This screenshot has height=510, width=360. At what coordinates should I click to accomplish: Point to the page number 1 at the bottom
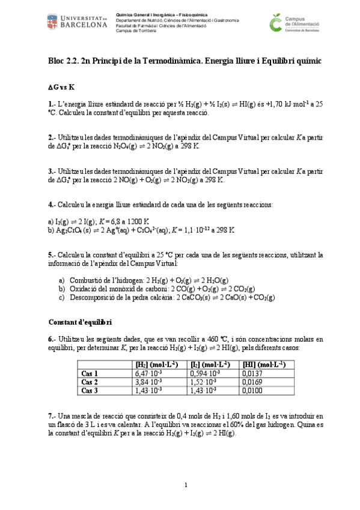tap(186, 485)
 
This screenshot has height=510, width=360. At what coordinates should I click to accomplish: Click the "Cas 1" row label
tap(90, 373)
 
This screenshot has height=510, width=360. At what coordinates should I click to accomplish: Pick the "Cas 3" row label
tap(90, 390)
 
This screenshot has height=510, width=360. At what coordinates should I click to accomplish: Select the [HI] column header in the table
tap(262, 364)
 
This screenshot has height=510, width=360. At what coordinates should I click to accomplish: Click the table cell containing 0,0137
tap(252, 373)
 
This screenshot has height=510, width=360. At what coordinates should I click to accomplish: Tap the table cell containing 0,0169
tap(252, 382)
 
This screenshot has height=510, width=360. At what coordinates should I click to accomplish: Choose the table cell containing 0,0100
tap(252, 390)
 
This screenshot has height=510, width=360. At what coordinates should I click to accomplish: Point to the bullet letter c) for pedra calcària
tap(62, 297)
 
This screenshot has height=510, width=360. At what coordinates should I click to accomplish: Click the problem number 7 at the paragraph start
tap(50, 416)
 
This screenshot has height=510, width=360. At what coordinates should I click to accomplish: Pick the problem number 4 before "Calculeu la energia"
tap(50, 204)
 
